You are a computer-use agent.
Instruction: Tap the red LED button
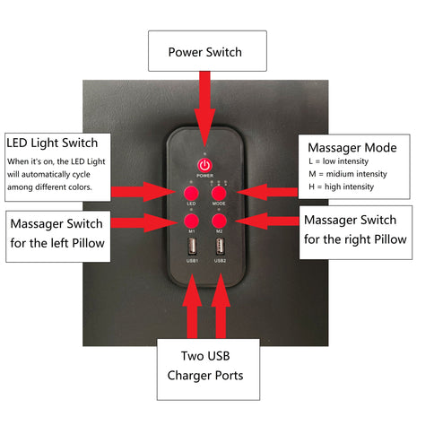pyautogui.click(x=191, y=193)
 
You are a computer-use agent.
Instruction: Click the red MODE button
pyautogui.click(x=219, y=193)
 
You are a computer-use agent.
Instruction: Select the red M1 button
pyautogui.click(x=191, y=220)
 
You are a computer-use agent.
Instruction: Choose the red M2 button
pyautogui.click(x=219, y=220)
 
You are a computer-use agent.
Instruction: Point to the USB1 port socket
pyautogui.click(x=192, y=247)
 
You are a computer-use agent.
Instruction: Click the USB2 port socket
pyautogui.click(x=220, y=247)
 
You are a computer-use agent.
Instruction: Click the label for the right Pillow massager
pyautogui.click(x=355, y=230)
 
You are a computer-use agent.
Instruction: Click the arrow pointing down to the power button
pyautogui.click(x=205, y=112)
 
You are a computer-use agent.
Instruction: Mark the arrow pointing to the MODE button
pyautogui.click(x=269, y=191)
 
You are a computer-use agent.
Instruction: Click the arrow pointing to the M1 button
pyautogui.click(x=148, y=220)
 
